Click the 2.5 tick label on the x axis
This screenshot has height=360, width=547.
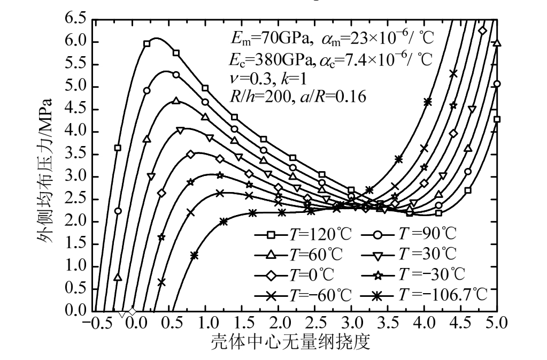click(x=315, y=324)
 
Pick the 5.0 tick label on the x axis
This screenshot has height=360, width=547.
click(x=497, y=324)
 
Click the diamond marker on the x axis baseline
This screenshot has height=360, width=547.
click(x=133, y=311)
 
